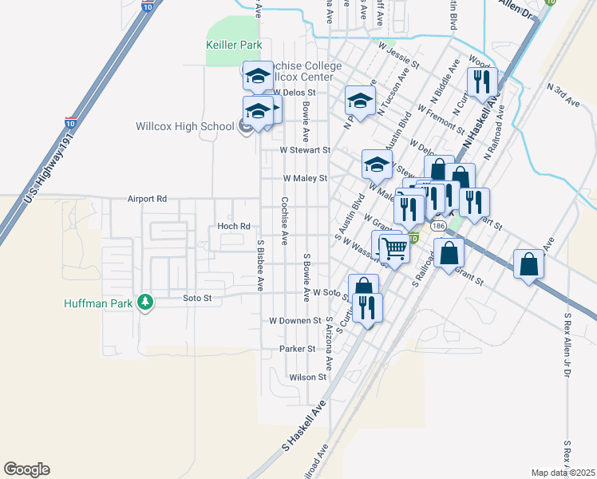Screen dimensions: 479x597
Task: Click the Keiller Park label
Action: (234, 46)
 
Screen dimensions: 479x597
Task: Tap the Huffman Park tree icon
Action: (144, 303)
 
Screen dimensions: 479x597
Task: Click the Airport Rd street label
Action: (147, 198)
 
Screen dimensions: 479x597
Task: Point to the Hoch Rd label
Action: (234, 226)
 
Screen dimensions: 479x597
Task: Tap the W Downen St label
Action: (295, 320)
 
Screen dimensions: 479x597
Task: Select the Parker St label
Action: (298, 349)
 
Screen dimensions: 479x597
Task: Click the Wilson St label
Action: (308, 377)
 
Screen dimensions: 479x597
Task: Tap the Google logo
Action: (26, 469)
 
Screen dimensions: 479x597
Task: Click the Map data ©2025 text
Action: (563, 473)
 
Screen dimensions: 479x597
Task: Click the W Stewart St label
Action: (304, 149)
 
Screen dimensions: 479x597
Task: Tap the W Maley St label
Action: (306, 179)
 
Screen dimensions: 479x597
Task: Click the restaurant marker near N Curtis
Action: (482, 81)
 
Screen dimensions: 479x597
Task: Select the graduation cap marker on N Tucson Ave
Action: (360, 101)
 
